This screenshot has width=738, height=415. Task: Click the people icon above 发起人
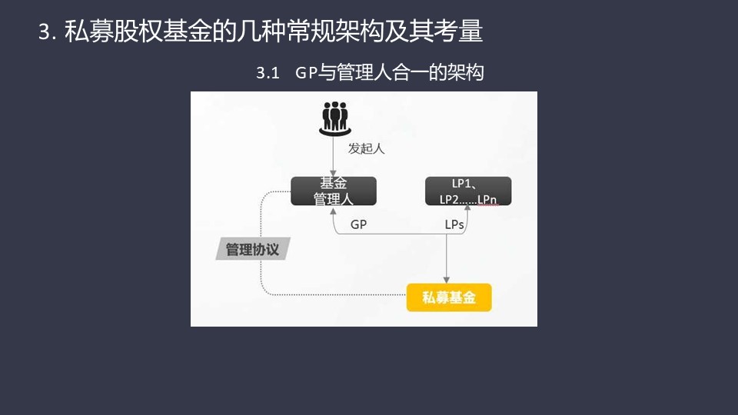coord(334,119)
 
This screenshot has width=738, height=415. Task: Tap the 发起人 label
coord(366,148)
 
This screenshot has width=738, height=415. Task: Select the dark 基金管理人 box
coord(334,191)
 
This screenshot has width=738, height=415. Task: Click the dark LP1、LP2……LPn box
coord(468,191)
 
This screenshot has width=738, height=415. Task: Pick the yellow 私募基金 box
coord(449,297)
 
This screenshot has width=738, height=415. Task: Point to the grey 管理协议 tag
coord(253,249)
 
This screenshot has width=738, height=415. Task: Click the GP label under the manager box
coord(359,224)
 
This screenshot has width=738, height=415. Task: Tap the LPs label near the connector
coord(454,225)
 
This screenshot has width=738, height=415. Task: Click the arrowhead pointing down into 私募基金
coord(446,281)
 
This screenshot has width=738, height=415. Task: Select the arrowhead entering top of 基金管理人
coord(333,174)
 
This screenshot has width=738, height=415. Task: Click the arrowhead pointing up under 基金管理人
coord(333,211)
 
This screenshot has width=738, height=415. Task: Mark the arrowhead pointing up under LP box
coord(467,208)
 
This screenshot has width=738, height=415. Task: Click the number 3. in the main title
coord(47,32)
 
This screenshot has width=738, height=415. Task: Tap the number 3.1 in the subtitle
coord(268,73)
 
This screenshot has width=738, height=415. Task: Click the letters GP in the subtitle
coord(307,72)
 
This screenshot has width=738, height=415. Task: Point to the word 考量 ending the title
coord(458,32)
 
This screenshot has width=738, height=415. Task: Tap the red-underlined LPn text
coord(487,200)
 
